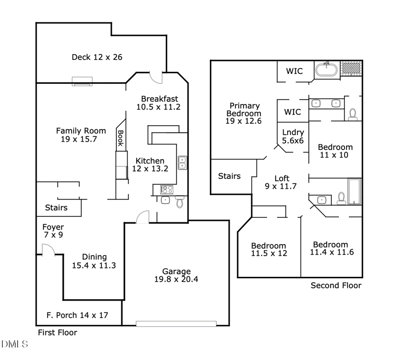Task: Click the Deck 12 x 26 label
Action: [x=97, y=57]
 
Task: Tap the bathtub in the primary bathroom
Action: [x=326, y=69]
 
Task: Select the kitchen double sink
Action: [x=182, y=162]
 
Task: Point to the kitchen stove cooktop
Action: [x=166, y=190]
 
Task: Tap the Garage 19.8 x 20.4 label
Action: [x=176, y=275]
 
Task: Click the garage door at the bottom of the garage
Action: [x=176, y=324]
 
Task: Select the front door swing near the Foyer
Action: [x=48, y=250]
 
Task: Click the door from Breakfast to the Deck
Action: [x=156, y=78]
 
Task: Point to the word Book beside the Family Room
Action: [x=120, y=138]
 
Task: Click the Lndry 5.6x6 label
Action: [x=293, y=136]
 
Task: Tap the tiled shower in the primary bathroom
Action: [x=351, y=68]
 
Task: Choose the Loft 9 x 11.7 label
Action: [x=281, y=182]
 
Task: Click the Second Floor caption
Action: [x=336, y=285]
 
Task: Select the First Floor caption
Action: [x=57, y=332]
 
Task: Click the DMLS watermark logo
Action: [x=14, y=344]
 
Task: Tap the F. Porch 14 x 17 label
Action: [x=77, y=315]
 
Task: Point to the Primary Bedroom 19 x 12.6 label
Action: [x=244, y=113]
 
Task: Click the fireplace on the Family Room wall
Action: [x=82, y=81]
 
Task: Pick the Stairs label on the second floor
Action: [x=229, y=176]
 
